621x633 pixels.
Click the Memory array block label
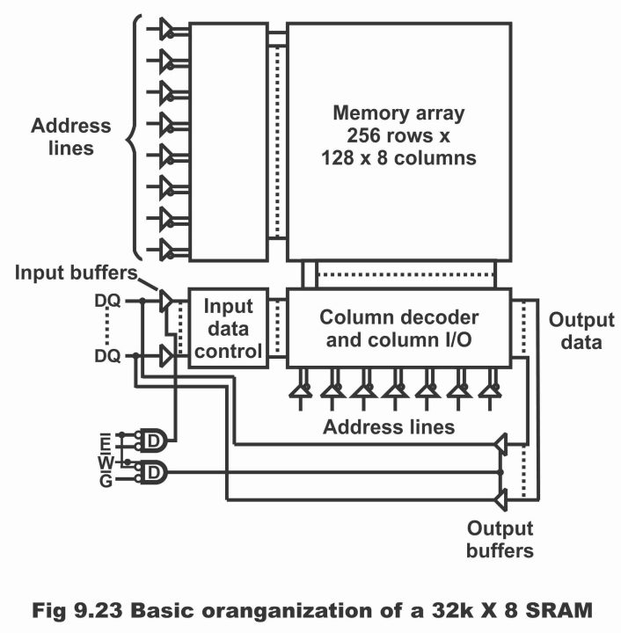[x=398, y=135]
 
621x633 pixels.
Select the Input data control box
[x=229, y=328]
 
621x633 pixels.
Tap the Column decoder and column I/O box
[x=399, y=328]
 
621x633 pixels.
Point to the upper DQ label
[x=107, y=301]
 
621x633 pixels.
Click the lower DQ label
[x=107, y=356]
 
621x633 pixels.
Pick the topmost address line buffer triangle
[x=165, y=29]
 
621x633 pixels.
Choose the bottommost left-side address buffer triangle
[x=165, y=250]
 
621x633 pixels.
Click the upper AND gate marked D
[x=153, y=440]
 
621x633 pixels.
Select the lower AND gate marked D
[x=153, y=472]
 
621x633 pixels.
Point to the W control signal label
[x=106, y=462]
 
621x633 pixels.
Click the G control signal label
[x=106, y=480]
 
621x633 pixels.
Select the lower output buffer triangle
[x=500, y=500]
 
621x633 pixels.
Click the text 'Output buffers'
[x=500, y=539]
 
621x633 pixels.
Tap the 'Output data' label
[x=581, y=331]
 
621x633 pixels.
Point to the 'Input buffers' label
[x=77, y=273]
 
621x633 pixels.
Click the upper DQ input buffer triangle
[x=165, y=301]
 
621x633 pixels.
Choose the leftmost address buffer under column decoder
[x=301, y=391]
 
